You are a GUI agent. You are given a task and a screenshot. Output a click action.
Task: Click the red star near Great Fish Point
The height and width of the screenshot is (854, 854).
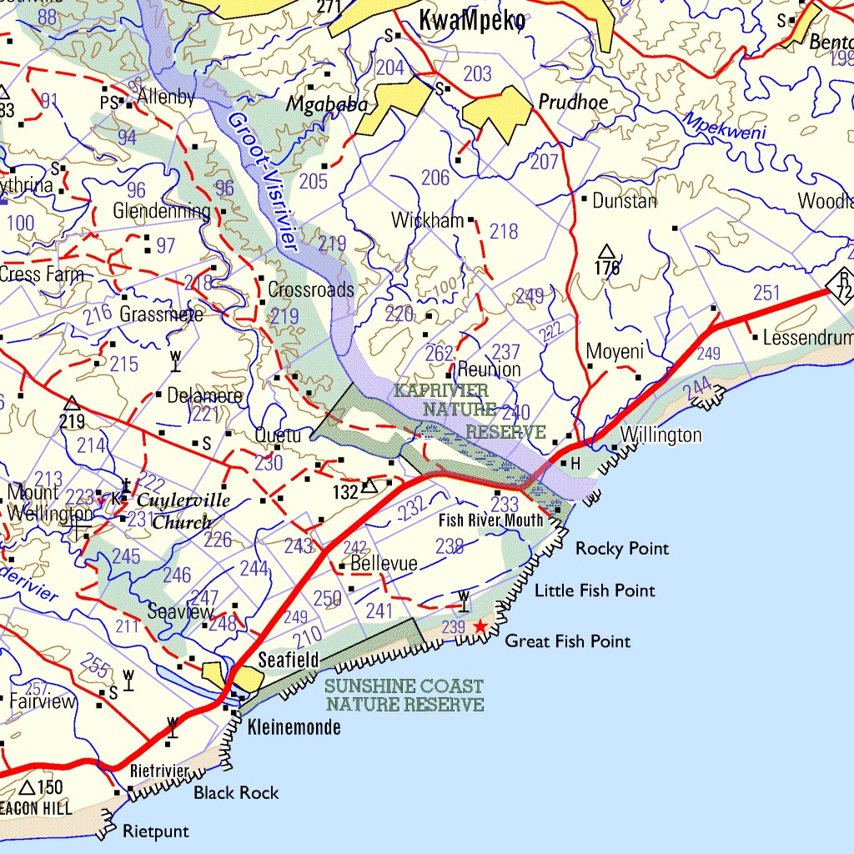480,625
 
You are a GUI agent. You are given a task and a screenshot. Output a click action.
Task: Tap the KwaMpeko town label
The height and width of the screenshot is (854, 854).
472,22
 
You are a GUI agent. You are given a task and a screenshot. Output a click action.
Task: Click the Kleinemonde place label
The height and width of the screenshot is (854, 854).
294,727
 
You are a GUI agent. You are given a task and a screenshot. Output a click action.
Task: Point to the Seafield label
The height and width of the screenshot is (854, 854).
288,661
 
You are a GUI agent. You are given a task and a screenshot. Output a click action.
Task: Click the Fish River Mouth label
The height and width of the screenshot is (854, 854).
491,520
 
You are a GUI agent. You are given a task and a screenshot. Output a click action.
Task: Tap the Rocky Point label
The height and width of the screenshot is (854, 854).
622,549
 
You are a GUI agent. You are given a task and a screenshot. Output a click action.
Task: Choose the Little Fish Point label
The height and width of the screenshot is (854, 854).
595,590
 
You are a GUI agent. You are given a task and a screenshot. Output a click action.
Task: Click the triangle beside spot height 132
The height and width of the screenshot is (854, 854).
369,486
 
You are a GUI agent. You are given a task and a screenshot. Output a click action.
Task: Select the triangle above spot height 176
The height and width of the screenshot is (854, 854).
607,251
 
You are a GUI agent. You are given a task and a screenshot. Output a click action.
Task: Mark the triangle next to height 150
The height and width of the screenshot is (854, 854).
27,787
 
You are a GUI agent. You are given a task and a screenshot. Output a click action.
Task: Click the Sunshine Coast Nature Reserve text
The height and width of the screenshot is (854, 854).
404,696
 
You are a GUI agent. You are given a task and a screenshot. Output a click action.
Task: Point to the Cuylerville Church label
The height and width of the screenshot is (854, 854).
180,510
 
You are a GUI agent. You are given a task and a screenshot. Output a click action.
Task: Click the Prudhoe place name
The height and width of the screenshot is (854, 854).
573,103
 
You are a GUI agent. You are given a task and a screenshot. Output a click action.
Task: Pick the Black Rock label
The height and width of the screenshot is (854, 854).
236,792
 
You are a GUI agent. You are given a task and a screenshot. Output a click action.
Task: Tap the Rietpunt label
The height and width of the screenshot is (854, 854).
155,831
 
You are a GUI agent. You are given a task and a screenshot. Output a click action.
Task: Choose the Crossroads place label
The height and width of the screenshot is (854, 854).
311,290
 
